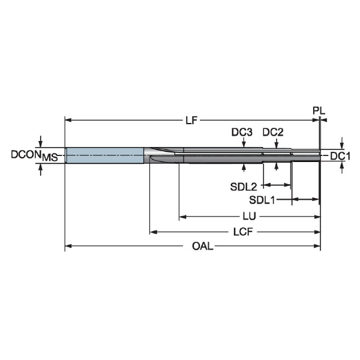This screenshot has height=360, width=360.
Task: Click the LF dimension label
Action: (x=191, y=121)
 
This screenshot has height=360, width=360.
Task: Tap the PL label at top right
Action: (x=319, y=111)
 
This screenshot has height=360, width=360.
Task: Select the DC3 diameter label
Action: (x=242, y=132)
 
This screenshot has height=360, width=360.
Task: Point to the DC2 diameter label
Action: (x=273, y=132)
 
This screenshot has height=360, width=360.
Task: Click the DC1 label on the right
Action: (x=340, y=157)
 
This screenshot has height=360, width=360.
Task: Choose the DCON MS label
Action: (x=34, y=155)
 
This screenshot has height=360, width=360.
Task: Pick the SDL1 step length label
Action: (x=262, y=200)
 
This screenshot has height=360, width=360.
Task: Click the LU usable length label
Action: (x=250, y=216)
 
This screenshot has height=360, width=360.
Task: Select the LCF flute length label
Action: (x=243, y=232)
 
